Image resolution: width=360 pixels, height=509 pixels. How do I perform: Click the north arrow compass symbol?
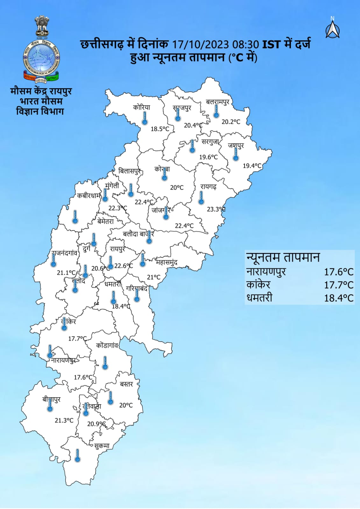(x=332, y=28)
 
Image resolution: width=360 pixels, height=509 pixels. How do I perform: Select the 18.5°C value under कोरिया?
(x=160, y=129)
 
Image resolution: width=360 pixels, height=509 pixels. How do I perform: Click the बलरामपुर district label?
(x=217, y=102)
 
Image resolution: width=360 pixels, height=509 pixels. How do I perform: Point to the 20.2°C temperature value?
(x=231, y=122)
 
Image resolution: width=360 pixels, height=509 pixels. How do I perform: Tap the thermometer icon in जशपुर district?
(x=236, y=154)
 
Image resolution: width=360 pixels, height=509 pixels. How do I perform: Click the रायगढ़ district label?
(x=208, y=187)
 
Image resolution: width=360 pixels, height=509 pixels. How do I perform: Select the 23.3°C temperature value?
(x=216, y=209)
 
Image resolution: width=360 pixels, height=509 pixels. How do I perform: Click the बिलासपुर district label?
(x=129, y=171)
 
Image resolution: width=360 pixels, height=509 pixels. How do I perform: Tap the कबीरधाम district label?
(x=89, y=196)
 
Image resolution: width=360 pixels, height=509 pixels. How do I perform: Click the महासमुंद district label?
(x=166, y=262)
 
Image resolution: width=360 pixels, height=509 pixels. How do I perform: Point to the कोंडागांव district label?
(x=107, y=346)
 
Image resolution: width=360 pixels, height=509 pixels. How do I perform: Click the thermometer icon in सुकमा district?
(x=77, y=456)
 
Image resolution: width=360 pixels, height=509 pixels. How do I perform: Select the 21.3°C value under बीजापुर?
(x=64, y=421)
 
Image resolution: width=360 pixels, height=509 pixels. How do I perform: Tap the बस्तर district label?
(x=126, y=384)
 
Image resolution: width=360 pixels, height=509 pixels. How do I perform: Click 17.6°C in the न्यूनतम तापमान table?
(x=339, y=272)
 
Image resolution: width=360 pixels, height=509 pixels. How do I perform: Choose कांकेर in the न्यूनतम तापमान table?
(x=258, y=285)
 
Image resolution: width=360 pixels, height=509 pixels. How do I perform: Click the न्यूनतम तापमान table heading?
(x=283, y=257)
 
